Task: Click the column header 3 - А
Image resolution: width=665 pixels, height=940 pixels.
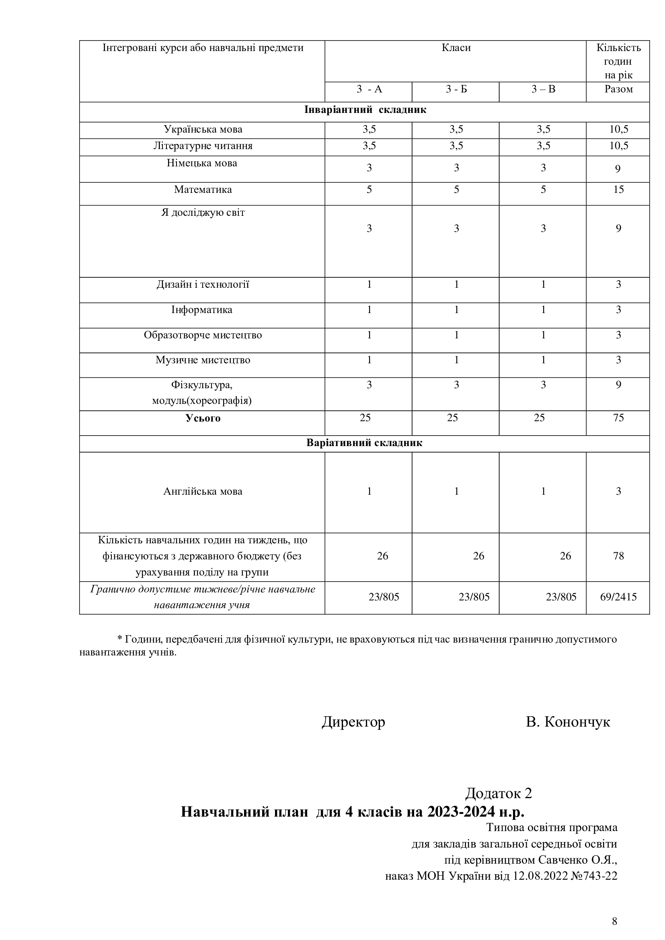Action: [x=369, y=89]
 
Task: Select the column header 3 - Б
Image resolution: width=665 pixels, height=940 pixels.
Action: [x=456, y=89]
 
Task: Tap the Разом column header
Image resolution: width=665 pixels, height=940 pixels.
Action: [x=618, y=89]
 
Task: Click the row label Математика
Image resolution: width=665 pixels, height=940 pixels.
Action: [x=203, y=190]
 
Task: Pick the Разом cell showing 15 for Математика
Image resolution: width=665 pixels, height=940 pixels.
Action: [x=618, y=190]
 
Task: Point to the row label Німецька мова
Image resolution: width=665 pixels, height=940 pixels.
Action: [x=202, y=163]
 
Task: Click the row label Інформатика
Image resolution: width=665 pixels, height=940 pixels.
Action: [x=202, y=309]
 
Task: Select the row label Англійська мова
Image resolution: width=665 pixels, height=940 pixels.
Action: [x=203, y=491]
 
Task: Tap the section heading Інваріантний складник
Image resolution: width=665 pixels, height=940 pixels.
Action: [x=365, y=110]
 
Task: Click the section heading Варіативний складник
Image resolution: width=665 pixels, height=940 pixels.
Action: [x=364, y=443]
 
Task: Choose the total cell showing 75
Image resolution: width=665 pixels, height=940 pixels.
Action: [x=618, y=418]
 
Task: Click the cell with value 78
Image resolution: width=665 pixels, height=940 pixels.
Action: [x=618, y=556]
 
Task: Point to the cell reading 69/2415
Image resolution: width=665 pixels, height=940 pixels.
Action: [x=618, y=597]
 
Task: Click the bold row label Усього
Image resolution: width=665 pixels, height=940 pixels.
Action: [x=203, y=418]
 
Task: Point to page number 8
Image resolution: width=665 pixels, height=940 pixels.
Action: [x=614, y=922]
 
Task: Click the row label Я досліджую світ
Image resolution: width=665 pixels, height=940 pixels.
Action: [x=203, y=213]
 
